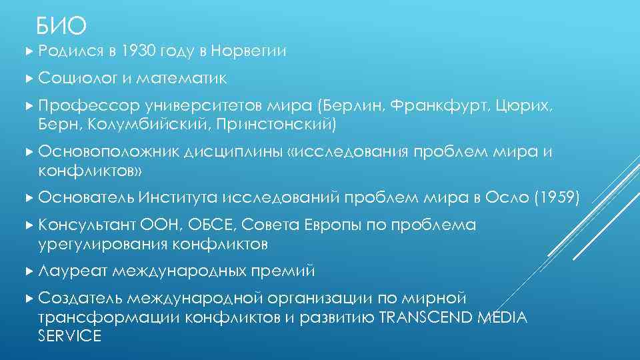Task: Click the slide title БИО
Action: [61, 26]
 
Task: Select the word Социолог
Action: [76, 79]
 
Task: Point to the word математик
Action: [181, 79]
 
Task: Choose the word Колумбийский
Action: [131, 125]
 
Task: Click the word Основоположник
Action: [105, 153]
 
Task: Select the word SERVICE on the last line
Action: [70, 336]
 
